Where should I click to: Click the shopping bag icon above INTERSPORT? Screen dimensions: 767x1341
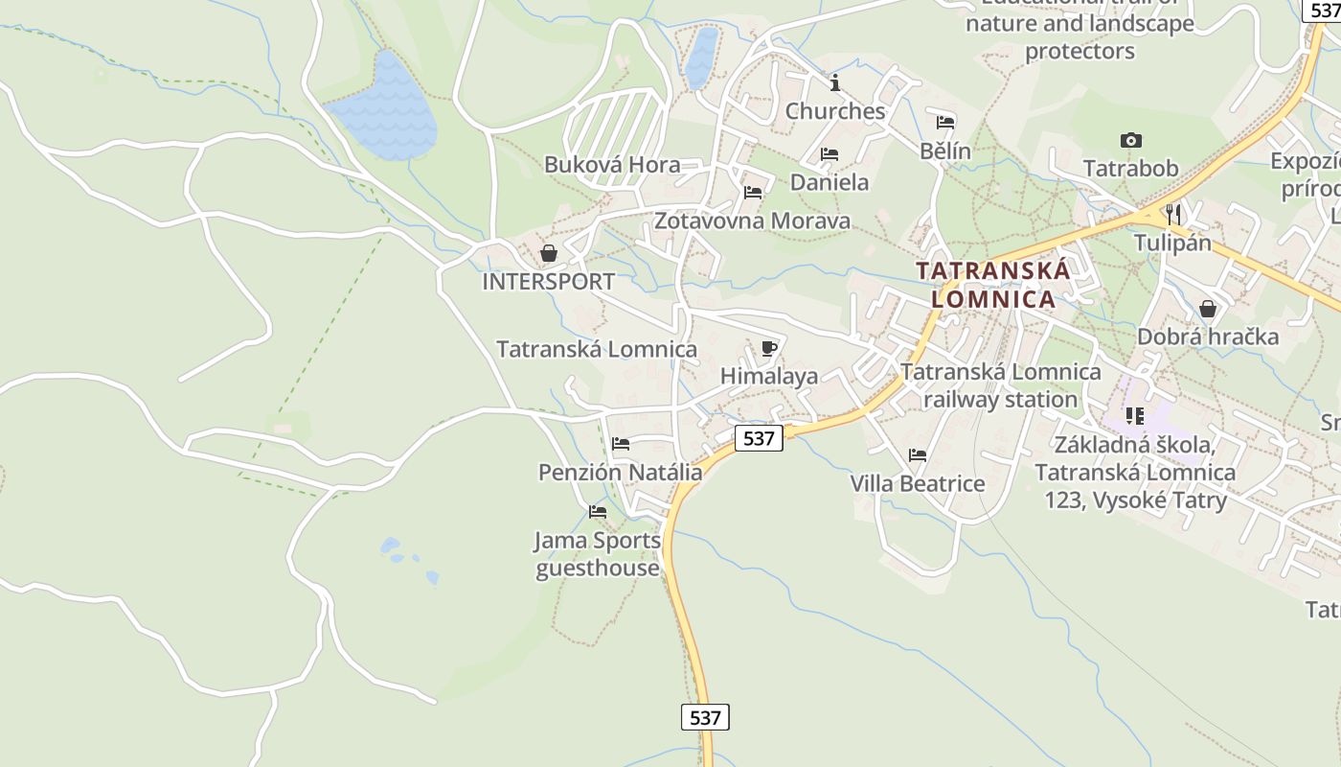pos(549,253)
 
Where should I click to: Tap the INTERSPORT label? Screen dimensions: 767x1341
pos(548,282)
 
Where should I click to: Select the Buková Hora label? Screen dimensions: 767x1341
pos(612,165)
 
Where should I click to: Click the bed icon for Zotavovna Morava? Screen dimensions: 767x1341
pos(753,193)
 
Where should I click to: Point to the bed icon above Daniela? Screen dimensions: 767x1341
pos(830,153)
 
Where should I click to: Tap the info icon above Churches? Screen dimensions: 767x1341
pos(835,82)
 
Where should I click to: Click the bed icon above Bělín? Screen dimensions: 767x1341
pos(945,122)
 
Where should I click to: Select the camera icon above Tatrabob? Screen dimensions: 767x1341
pos(1130,141)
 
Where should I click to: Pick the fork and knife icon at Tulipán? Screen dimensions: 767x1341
pos(1173,213)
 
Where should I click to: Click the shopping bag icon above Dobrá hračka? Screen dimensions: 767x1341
pos(1208,309)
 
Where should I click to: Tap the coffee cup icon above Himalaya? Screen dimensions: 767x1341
pos(768,348)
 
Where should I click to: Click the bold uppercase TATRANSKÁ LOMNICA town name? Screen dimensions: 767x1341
pos(993,285)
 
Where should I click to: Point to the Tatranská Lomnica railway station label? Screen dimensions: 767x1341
pos(1001,385)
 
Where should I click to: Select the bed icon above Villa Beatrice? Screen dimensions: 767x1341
pos(918,455)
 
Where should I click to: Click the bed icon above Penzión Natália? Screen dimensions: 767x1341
pos(621,444)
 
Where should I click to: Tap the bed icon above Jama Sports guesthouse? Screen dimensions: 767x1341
pos(598,512)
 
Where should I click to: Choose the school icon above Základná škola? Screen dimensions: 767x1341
pos(1135,416)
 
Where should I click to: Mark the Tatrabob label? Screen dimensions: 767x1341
pos(1130,169)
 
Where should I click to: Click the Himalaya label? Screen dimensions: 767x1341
pos(769,376)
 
